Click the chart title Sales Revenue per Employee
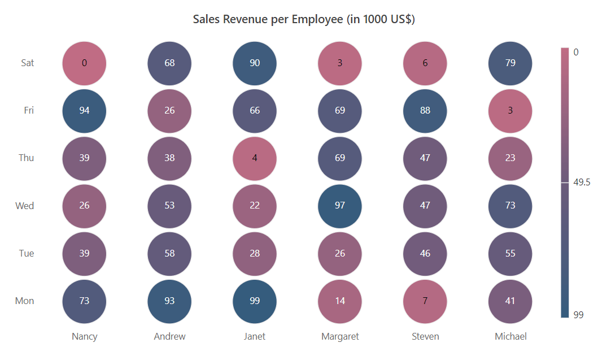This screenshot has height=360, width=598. tap(304, 19)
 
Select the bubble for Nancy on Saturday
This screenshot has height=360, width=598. tap(84, 63)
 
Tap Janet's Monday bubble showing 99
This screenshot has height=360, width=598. tap(255, 301)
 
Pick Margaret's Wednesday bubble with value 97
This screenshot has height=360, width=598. tap(340, 206)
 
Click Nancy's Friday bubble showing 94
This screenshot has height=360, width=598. tap(84, 110)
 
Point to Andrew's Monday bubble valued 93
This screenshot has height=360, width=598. tap(169, 301)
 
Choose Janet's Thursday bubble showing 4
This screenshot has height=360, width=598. tap(255, 158)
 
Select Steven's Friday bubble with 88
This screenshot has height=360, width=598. tap(425, 110)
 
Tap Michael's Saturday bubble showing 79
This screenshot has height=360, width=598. tap(510, 63)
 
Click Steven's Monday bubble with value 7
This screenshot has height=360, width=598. tap(425, 301)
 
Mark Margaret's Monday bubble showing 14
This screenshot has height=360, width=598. tap(340, 301)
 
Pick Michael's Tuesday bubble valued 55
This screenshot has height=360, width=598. tap(510, 253)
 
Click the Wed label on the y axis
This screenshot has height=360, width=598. tap(25, 206)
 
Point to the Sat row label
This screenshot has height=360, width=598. tap(28, 63)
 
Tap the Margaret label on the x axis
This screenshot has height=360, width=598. tap(340, 336)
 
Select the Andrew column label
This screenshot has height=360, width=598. tap(169, 336)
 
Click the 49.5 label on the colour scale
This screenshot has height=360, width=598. tap(582, 183)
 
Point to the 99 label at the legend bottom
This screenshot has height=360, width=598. tap(578, 315)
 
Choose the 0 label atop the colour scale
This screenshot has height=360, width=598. tap(576, 52)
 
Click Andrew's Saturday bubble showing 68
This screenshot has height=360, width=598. tap(169, 63)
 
